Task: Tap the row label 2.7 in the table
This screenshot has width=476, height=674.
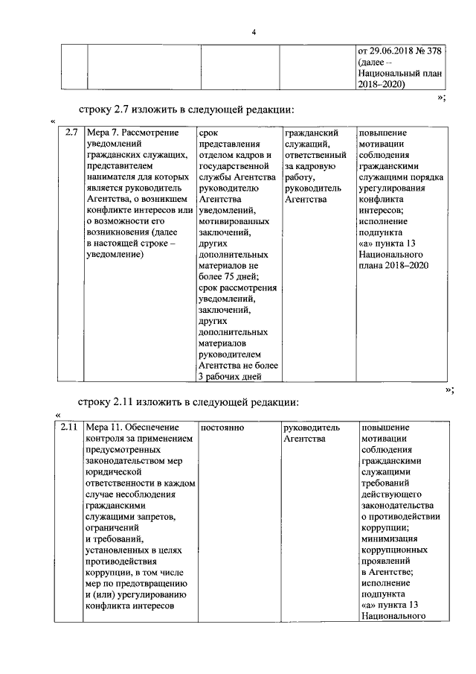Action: click(71, 133)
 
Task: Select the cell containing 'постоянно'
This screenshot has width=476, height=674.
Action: click(222, 428)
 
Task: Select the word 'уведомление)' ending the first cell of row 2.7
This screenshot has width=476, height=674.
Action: click(114, 255)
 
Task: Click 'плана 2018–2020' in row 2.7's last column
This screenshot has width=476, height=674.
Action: click(393, 265)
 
